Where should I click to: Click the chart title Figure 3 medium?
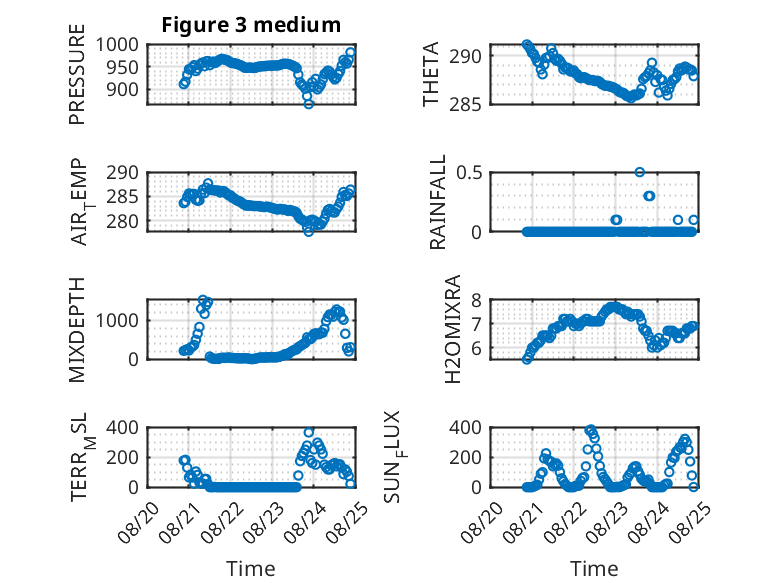point(251,25)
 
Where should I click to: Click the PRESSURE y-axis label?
point(77,74)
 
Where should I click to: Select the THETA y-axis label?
point(431,74)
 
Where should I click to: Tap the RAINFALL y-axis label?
point(438,202)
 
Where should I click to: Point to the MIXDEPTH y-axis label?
point(77,330)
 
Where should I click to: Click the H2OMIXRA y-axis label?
point(453,329)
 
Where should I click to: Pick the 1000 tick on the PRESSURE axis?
point(117,45)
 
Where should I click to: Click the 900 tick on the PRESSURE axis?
point(123,90)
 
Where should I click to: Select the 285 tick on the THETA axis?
point(465,105)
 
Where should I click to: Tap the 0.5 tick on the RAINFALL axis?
point(469,173)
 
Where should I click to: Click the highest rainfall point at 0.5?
point(640,172)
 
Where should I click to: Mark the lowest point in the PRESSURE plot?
point(309,104)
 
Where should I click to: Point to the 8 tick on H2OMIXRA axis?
point(476,300)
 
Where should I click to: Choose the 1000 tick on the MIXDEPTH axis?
point(117,320)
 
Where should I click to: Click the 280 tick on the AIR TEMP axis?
point(123,221)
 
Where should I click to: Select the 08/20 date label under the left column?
point(139,522)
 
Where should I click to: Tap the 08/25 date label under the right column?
point(690,522)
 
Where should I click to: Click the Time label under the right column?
point(594,569)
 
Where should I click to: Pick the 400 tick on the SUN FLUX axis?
point(465,428)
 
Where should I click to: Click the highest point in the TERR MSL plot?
point(309,433)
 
